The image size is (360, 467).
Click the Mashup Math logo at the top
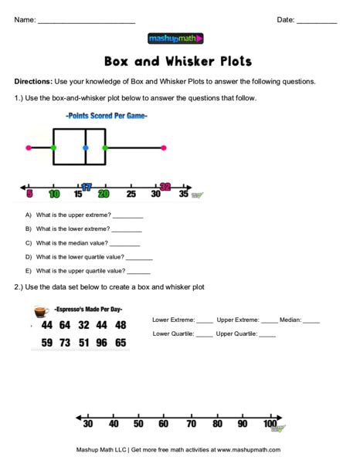coord(175,38)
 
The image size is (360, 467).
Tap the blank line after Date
coord(316,22)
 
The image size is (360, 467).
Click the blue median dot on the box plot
coord(85,147)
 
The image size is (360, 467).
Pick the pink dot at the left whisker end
coord(29,147)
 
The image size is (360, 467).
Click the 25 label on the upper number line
coord(131,194)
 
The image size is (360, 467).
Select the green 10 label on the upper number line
coord(54,194)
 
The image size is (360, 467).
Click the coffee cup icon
coord(42,311)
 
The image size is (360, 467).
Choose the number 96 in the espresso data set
coord(101,342)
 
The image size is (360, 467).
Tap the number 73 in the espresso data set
coord(65,342)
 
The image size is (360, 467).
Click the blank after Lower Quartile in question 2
coord(204,335)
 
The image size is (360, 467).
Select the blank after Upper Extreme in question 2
coord(269,320)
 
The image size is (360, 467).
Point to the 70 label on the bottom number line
coord(191,424)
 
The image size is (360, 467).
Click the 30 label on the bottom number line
coord(88,424)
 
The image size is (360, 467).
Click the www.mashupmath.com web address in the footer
coord(248,449)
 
